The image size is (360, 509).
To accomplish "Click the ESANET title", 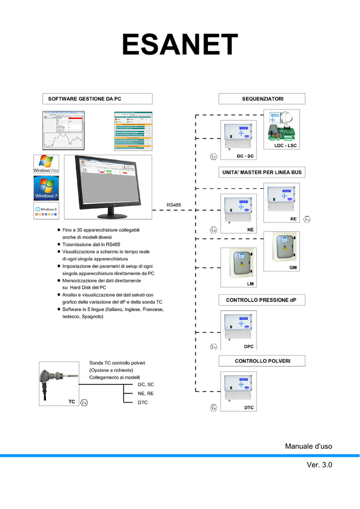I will point(180,46).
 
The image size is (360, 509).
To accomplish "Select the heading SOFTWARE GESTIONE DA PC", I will point(85,99).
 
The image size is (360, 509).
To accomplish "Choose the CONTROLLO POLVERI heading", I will point(262,360).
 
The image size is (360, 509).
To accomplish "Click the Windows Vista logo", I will point(46,164).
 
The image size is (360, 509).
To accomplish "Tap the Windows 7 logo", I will point(46,188).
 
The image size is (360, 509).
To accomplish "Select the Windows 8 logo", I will point(46,210).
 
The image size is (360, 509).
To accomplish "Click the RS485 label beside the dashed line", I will point(174,205).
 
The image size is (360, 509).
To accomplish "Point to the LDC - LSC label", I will point(285,146).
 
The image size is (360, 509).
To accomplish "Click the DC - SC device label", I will point(245,156).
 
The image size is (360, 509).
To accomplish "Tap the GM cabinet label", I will point(293,267).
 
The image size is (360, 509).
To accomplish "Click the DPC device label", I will point(249,346).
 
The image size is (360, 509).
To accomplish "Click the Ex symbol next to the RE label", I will point(307,219).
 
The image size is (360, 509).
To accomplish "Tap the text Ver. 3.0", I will point(319,465).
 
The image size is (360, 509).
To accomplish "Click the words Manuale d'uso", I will point(308,446).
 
